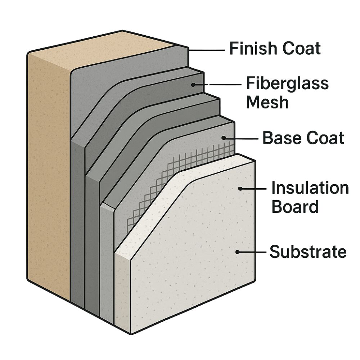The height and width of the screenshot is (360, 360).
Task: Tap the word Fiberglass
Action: (287, 84)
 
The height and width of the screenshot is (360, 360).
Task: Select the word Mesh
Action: (267, 102)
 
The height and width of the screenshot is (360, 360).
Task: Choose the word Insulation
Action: (310, 188)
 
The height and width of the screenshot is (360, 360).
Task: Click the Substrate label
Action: (308, 252)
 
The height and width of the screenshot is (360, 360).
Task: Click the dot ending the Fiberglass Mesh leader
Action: (193, 85)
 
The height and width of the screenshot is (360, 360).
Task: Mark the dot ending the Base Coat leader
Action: (224, 138)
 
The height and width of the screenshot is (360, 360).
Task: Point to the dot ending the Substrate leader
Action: (237, 252)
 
